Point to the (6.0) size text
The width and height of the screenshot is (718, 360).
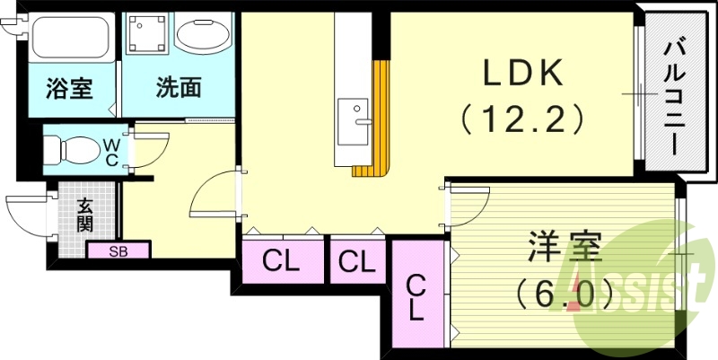pyautogui.click(x=565, y=292)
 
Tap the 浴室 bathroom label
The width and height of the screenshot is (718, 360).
pyautogui.click(x=68, y=89)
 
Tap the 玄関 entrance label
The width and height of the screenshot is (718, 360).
pyautogui.click(x=84, y=215)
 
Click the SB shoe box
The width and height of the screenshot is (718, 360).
pyautogui.click(x=118, y=251)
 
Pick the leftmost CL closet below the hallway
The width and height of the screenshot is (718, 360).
pyautogui.click(x=282, y=262)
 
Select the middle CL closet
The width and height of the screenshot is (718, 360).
pyautogui.click(x=356, y=262)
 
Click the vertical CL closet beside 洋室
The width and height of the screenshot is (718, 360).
pyautogui.click(x=417, y=296)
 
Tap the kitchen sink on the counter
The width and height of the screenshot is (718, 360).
pyautogui.click(x=354, y=117)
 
